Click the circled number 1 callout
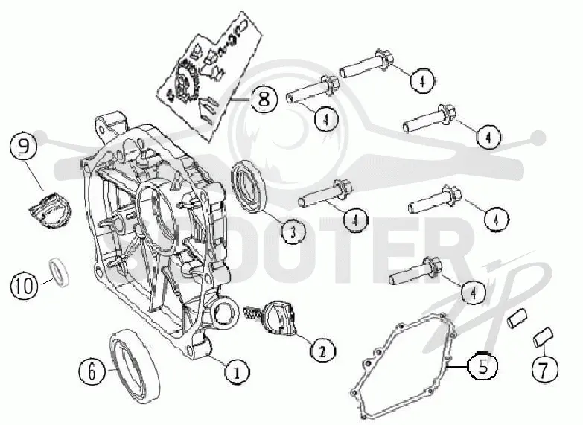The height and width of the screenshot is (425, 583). [238, 371]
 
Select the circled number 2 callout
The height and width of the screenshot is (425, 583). [322, 350]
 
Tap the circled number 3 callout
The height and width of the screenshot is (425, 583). [293, 231]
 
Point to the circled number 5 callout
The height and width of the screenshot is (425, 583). [482, 366]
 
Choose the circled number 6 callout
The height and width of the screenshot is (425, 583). [92, 371]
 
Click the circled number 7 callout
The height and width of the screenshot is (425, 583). [545, 369]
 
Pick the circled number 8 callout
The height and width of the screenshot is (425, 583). [264, 99]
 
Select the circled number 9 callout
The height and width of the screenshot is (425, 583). [23, 147]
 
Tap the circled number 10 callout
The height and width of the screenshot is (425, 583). [25, 286]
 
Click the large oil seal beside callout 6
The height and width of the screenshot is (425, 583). [135, 366]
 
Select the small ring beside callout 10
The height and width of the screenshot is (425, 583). [60, 272]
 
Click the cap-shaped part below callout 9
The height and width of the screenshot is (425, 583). [51, 210]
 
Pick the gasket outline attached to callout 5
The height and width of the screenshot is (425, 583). [404, 366]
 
